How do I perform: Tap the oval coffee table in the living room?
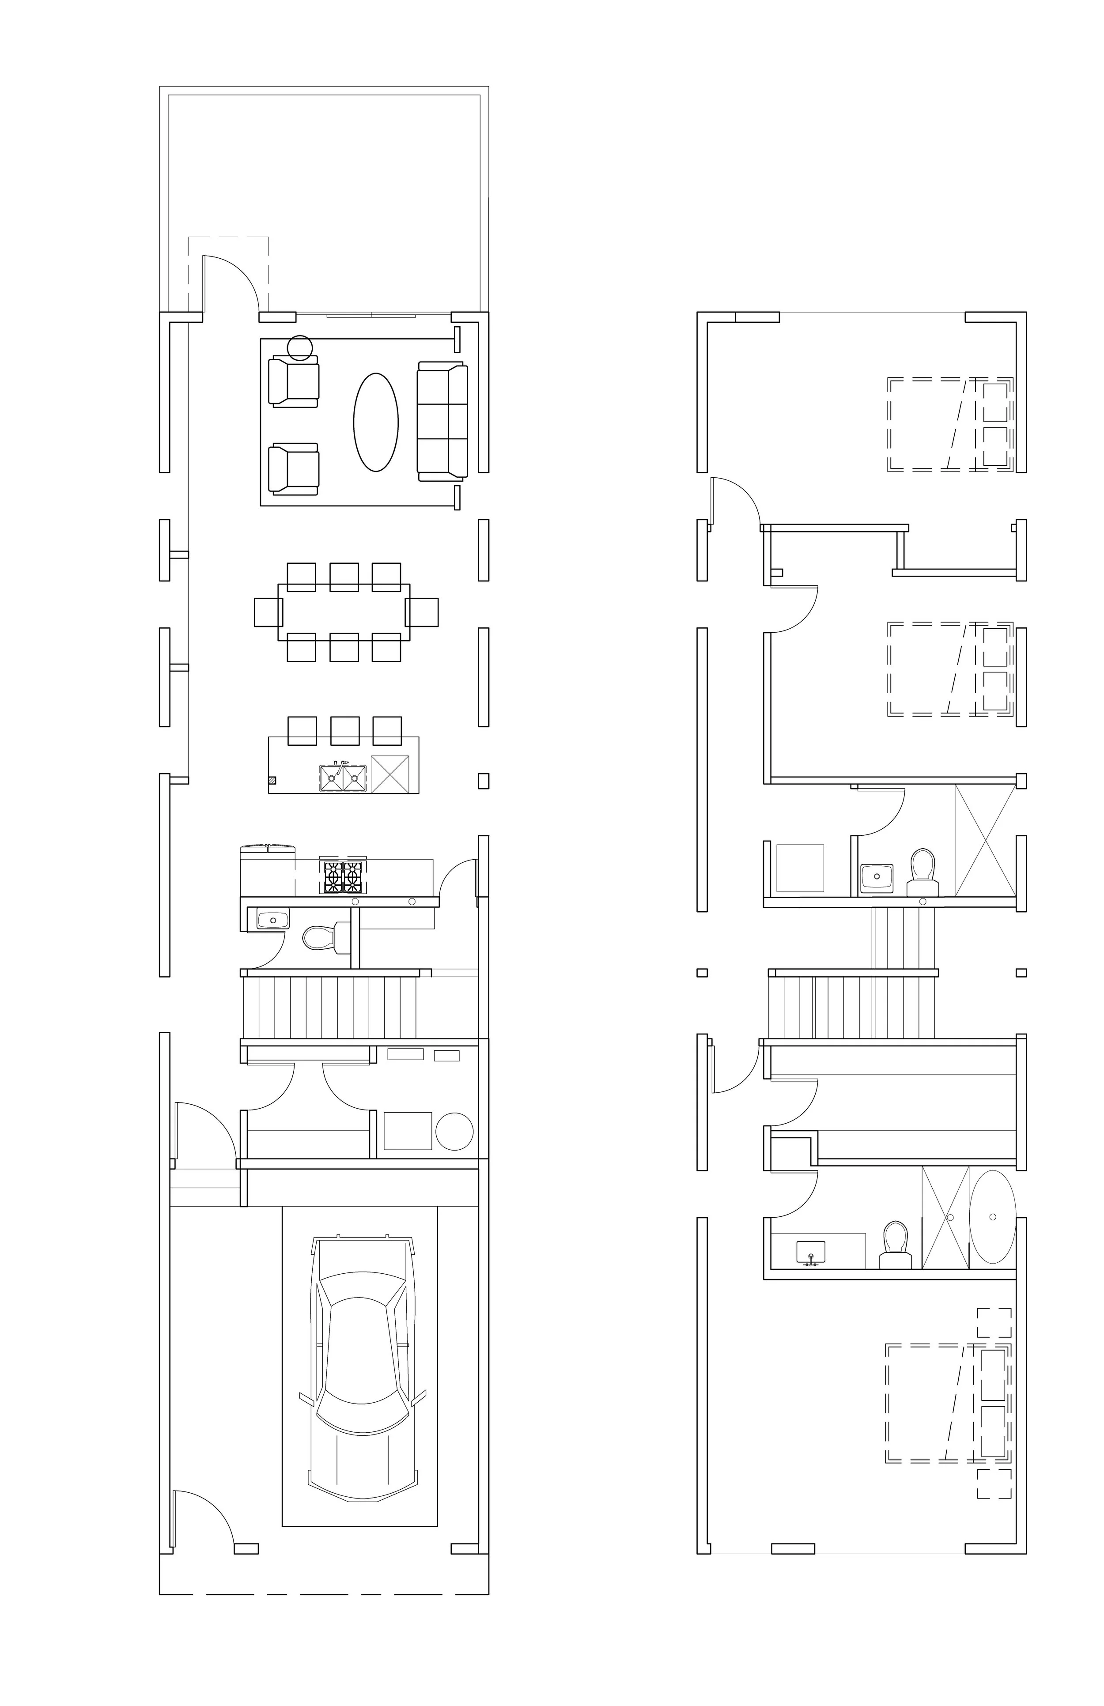pyautogui.click(x=376, y=422)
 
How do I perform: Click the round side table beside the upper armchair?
pyautogui.click(x=300, y=347)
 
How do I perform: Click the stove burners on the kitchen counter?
pyautogui.click(x=343, y=876)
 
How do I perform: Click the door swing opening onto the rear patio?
pyautogui.click(x=231, y=283)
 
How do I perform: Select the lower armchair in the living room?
pyautogui.click(x=293, y=469)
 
